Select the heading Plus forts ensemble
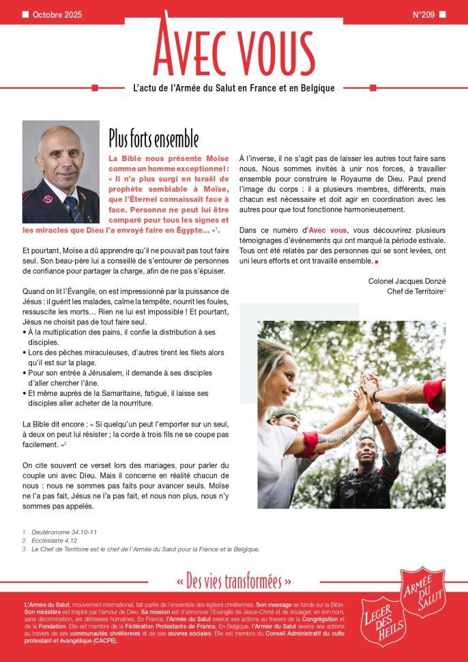click(153, 138)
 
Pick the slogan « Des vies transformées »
click(234, 581)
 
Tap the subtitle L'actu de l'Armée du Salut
click(233, 88)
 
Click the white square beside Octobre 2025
click(25, 14)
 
